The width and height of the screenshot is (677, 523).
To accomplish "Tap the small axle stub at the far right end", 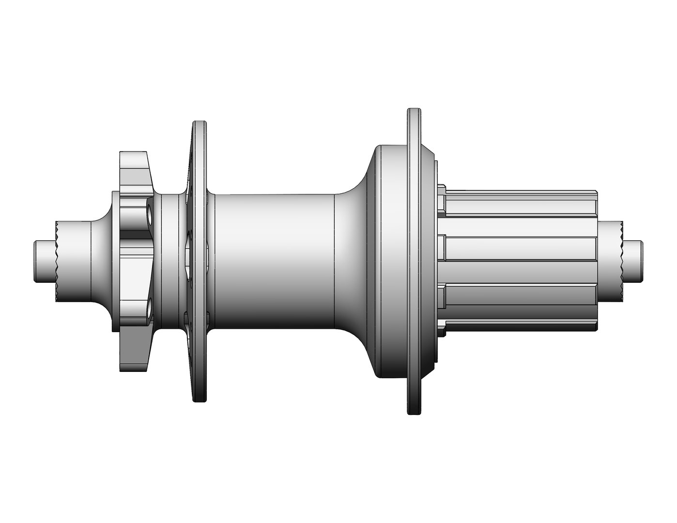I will [633, 260].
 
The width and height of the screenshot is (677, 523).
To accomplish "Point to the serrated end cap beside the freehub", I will [610, 260].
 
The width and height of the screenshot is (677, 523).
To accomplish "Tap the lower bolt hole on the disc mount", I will [147, 307].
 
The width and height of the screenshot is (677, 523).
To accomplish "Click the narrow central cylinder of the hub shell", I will [274, 260].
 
